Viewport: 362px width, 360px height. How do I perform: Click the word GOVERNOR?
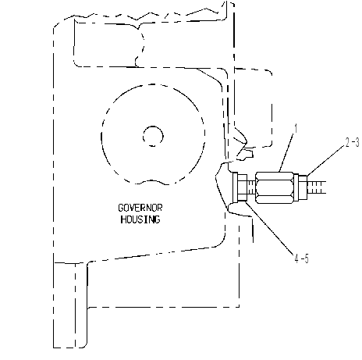pos(140,208)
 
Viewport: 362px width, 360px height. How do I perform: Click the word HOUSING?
pos(140,219)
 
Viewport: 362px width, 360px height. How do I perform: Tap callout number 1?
pos(296,129)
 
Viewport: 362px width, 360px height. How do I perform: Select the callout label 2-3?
pos(353,142)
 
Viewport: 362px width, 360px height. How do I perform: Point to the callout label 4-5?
pos(301,258)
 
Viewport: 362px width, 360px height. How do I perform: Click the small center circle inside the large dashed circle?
pos(153,136)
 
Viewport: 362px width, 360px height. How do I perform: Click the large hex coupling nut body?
pos(275,187)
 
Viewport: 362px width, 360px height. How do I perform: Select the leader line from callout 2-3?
pos(326,160)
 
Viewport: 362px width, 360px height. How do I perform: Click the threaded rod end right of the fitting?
pos(317,187)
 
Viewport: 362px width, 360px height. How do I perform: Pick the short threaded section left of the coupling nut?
pos(250,187)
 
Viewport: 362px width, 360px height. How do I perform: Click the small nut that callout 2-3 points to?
pos(303,187)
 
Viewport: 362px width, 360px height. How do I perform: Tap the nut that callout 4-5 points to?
pos(242,187)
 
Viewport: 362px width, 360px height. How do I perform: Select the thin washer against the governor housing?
pos(235,187)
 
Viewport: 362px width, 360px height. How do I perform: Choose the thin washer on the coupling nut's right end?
pos(296,187)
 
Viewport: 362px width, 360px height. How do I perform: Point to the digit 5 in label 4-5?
pos(306,258)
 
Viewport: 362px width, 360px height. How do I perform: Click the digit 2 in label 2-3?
pos(348,142)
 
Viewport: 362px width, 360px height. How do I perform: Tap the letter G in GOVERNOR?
pos(121,208)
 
